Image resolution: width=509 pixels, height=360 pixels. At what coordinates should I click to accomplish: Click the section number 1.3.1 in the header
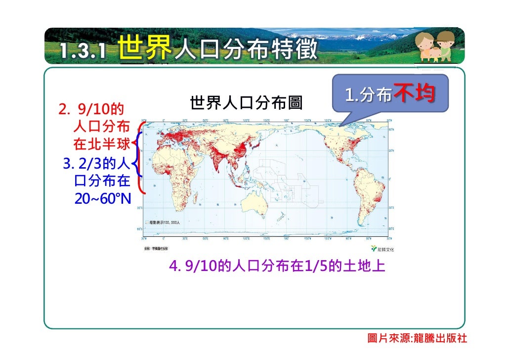83,51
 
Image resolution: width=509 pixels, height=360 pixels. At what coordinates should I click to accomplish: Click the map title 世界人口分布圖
245,104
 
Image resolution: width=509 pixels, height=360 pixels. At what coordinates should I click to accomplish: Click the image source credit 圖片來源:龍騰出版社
418,339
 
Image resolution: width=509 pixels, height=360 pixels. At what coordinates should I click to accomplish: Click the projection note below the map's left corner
156,248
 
